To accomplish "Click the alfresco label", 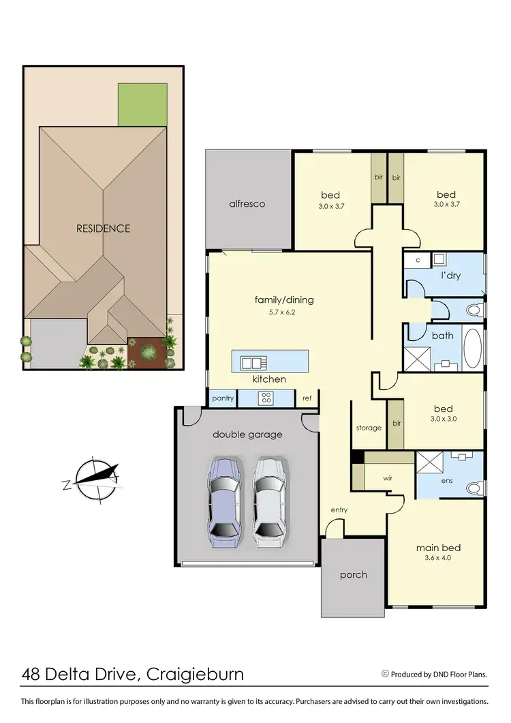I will [x=247, y=204].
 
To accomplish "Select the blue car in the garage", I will [x=224, y=502].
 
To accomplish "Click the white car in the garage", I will [x=269, y=502].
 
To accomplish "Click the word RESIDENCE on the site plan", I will [x=103, y=228].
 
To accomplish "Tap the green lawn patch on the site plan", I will [x=142, y=104].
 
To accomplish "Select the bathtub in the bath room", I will [x=473, y=349].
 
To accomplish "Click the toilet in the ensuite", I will [x=475, y=488].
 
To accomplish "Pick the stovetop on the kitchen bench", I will [x=265, y=398].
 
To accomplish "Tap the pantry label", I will [x=223, y=398].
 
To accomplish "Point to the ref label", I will [x=307, y=398].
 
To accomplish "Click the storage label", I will [x=369, y=428].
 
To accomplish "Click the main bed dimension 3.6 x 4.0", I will [x=438, y=558].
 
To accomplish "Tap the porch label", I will [x=353, y=574].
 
